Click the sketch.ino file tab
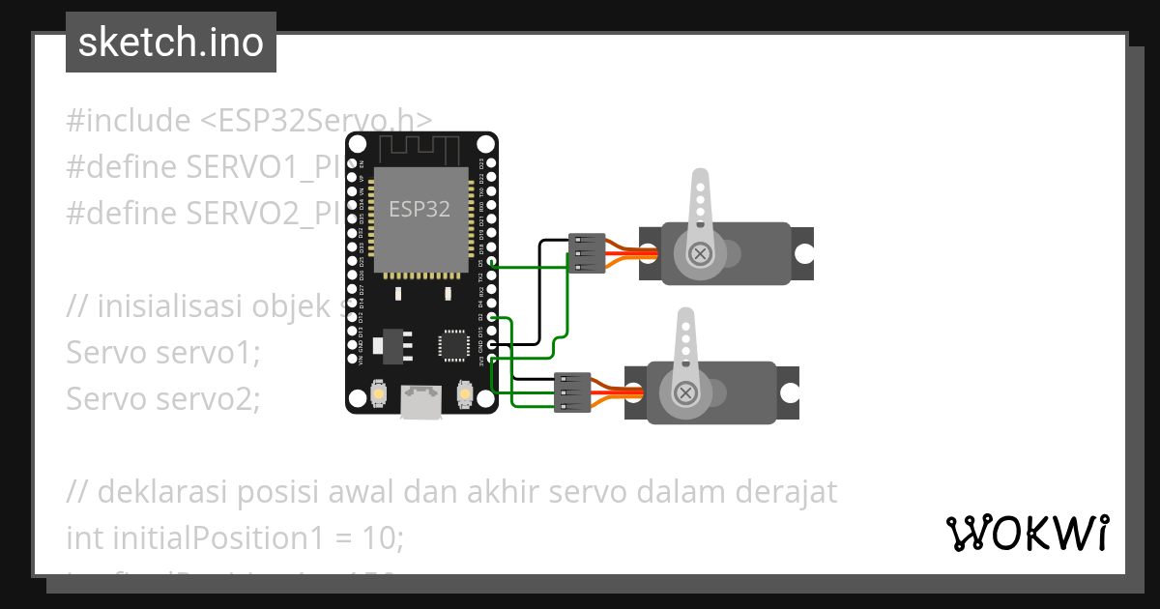point(171,43)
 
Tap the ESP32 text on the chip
point(420,208)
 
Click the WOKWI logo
point(1027,533)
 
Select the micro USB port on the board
point(421,401)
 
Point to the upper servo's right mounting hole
point(804,253)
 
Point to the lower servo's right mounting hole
point(790,393)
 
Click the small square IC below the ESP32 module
point(452,345)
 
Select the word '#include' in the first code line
point(129,121)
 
